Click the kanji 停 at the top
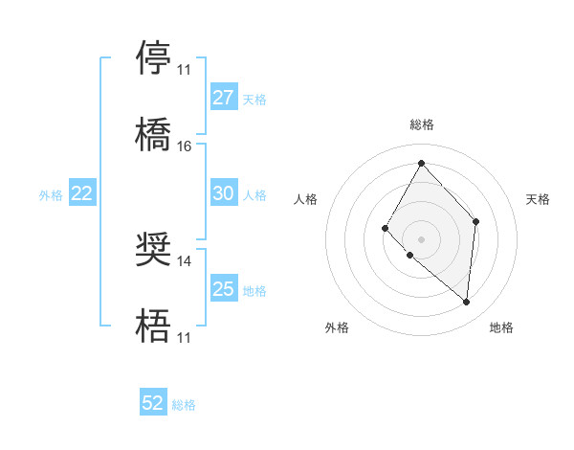[x=154, y=57]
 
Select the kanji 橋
[x=154, y=134]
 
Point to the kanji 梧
[x=154, y=326]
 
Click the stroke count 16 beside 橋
[x=185, y=146]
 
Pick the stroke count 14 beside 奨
[x=185, y=260]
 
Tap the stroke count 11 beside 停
[x=185, y=70]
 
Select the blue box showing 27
[x=224, y=98]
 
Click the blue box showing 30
[x=224, y=193]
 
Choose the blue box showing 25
[x=224, y=289]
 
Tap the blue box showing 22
[x=82, y=193]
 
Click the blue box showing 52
[x=153, y=403]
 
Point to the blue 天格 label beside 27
[x=254, y=99]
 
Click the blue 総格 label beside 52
[x=184, y=405]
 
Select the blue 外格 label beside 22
[x=51, y=195]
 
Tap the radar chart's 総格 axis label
[x=421, y=124]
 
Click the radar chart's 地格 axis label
[x=501, y=328]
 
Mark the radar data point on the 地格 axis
[x=467, y=303]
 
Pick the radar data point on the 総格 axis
[x=421, y=162]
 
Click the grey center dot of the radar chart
[x=421, y=238]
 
